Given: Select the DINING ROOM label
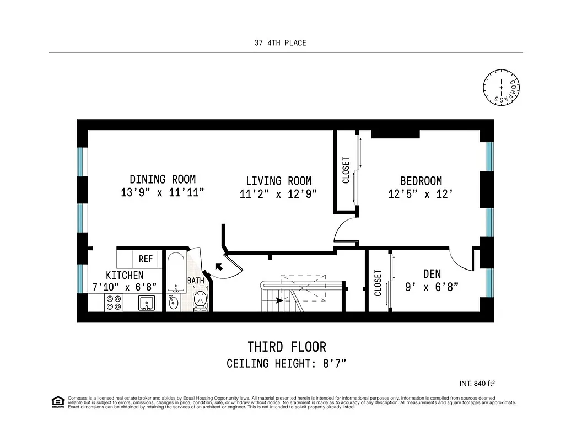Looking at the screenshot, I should click(x=163, y=179).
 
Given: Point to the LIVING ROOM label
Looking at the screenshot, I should click(x=278, y=181).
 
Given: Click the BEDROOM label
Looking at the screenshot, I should click(x=421, y=181).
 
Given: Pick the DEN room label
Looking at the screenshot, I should click(x=432, y=274).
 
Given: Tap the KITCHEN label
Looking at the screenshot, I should click(x=125, y=275).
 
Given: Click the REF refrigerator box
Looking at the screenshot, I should click(x=146, y=259).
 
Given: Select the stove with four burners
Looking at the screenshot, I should click(x=114, y=303).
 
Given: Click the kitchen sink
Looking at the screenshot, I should click(x=147, y=303).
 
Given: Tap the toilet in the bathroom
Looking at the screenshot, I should click(x=200, y=301).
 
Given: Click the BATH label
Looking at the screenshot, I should click(x=196, y=281).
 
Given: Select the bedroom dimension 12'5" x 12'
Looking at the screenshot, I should click(x=421, y=194).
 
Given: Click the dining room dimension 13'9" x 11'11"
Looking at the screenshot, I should click(x=163, y=192).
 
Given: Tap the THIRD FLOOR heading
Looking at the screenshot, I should click(x=287, y=347).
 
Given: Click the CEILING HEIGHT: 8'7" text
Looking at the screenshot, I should click(x=286, y=364).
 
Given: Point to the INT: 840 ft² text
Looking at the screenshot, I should click(x=480, y=383).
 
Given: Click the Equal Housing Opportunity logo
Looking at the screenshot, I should click(x=56, y=401).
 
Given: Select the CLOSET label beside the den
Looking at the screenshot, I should click(x=378, y=282).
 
